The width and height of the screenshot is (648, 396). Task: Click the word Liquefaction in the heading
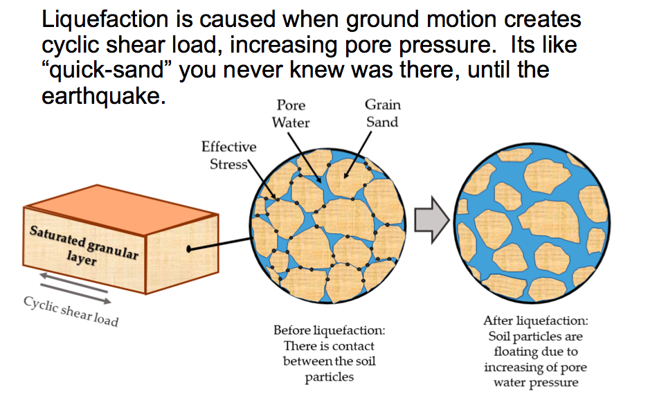coord(105,21)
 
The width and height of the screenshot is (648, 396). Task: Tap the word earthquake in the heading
coord(100,96)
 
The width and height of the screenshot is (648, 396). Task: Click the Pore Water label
coord(291,114)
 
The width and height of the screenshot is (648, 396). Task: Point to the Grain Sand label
coord(383,114)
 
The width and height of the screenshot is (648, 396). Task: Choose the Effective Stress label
coord(229,156)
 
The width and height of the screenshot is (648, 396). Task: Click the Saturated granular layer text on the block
coord(84,246)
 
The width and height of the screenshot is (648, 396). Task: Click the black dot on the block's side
coord(189,249)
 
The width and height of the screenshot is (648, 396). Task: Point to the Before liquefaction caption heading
coord(330,330)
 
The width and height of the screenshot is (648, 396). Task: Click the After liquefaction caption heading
coord(536,321)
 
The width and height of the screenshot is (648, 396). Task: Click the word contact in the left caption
coord(352,346)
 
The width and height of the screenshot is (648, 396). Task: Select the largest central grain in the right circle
coord(550,222)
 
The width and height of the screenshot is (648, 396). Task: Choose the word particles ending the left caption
coord(330,377)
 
